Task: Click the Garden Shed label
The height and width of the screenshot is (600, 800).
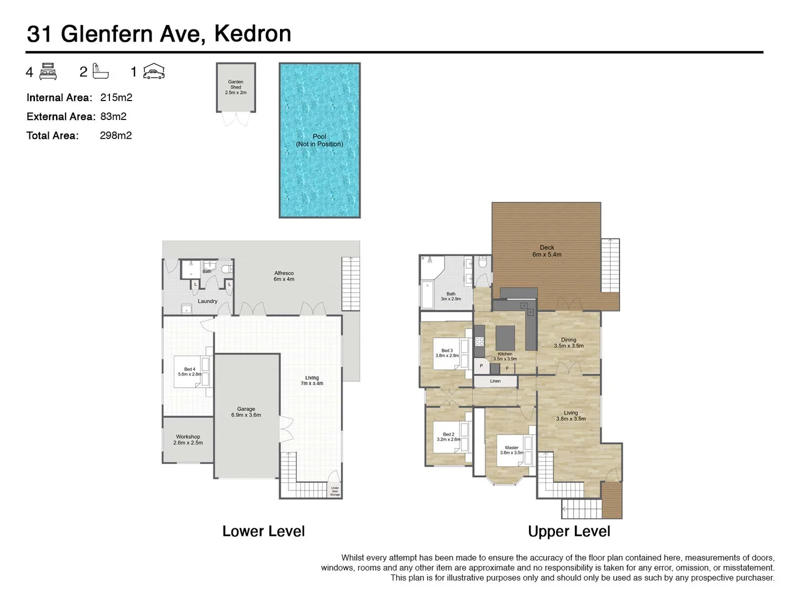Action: click(x=236, y=87)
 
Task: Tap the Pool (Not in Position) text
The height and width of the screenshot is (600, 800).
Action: click(x=319, y=140)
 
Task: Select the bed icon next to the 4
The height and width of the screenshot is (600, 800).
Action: click(x=48, y=72)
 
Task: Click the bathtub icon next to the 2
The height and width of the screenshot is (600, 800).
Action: click(x=101, y=71)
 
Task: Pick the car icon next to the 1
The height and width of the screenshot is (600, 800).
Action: click(x=154, y=72)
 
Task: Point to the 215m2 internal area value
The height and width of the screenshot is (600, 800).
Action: click(x=116, y=98)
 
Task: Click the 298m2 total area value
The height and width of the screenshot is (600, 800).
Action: click(x=116, y=136)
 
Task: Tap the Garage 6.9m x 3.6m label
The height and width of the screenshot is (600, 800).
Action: click(x=246, y=412)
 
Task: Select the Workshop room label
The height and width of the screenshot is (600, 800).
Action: click(x=188, y=439)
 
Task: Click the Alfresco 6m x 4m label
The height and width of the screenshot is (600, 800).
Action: click(x=284, y=276)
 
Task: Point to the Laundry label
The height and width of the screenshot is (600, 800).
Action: click(x=208, y=301)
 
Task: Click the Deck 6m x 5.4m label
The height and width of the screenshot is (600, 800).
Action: click(x=547, y=251)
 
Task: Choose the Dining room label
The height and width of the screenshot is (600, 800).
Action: click(x=568, y=343)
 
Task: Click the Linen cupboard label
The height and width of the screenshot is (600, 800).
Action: click(x=495, y=381)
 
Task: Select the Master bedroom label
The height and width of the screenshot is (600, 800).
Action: click(x=511, y=450)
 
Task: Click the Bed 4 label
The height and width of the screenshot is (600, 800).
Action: click(x=189, y=372)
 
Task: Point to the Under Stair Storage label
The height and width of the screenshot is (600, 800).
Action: click(x=335, y=491)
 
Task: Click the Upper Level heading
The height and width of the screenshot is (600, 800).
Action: click(x=569, y=532)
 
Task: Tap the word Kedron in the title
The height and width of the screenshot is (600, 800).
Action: click(x=253, y=34)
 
